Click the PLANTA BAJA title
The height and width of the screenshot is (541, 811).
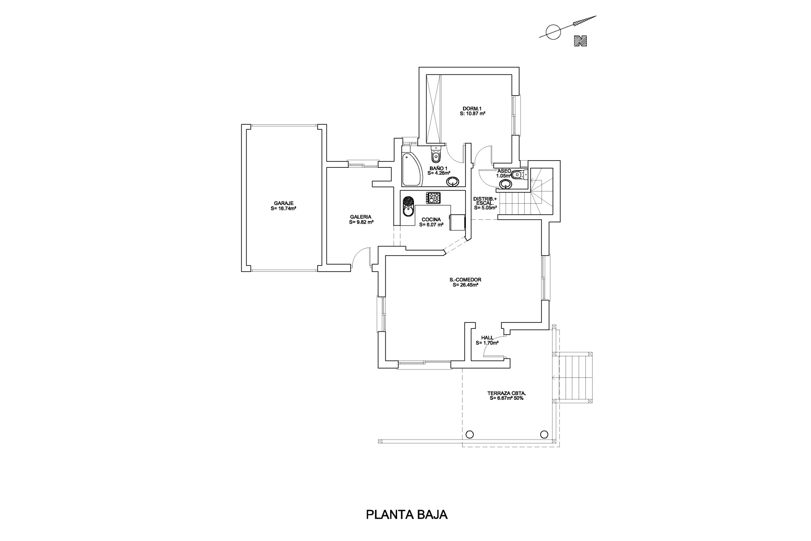click(406, 515)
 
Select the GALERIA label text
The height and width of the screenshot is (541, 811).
click(361, 217)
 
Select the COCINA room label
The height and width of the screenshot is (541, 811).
click(431, 220)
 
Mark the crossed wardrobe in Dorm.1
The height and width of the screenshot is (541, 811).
click(433, 110)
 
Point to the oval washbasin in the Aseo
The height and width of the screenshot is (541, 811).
click(505, 184)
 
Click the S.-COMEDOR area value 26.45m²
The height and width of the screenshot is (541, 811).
click(465, 285)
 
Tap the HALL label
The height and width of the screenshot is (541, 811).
click(487, 338)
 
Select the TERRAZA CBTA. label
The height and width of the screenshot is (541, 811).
click(507, 393)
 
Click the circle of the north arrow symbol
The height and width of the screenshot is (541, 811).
click(552, 32)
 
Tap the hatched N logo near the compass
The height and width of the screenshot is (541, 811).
click(581, 41)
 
